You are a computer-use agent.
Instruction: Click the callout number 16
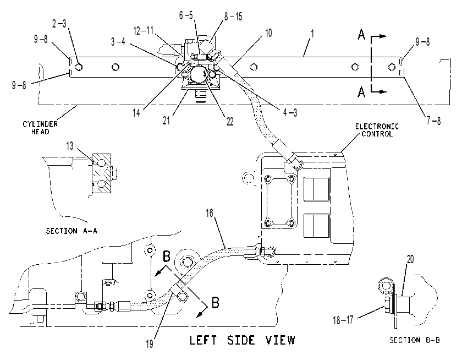(210, 213)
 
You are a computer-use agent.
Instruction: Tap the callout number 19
(150, 344)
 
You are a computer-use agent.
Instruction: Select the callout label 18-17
(343, 320)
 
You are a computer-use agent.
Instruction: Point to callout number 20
(410, 259)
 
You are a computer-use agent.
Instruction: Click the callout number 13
(70, 146)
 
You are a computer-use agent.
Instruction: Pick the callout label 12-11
(144, 30)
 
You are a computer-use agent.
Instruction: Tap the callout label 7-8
(434, 121)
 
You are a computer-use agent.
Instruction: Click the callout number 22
(230, 121)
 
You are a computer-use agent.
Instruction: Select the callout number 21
(167, 120)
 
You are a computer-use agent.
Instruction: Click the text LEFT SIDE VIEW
(242, 340)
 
